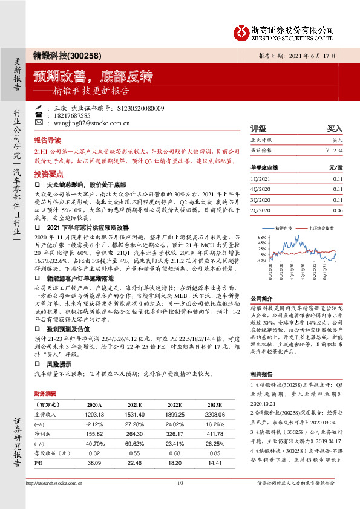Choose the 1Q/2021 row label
(x=260, y=179)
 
